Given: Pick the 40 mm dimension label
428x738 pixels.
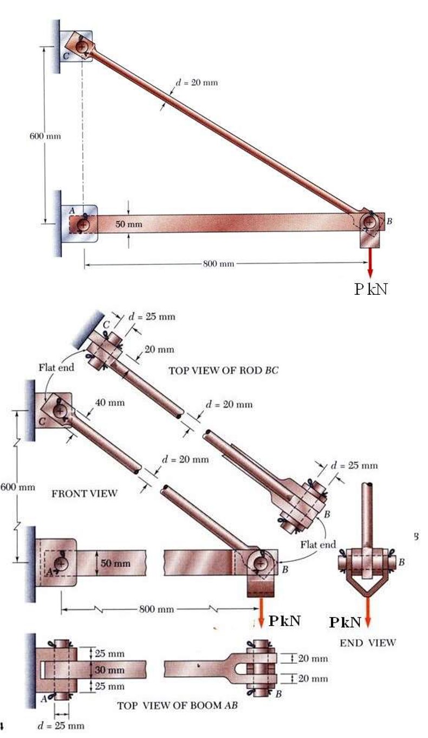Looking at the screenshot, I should (x=109, y=403).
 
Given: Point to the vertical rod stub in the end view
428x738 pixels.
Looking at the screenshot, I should (x=367, y=515).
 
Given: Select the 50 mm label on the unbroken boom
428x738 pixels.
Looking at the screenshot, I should (x=129, y=224).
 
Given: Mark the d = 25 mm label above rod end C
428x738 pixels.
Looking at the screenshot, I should (x=152, y=316).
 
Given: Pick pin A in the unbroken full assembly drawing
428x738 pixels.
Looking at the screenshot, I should (x=82, y=223).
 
